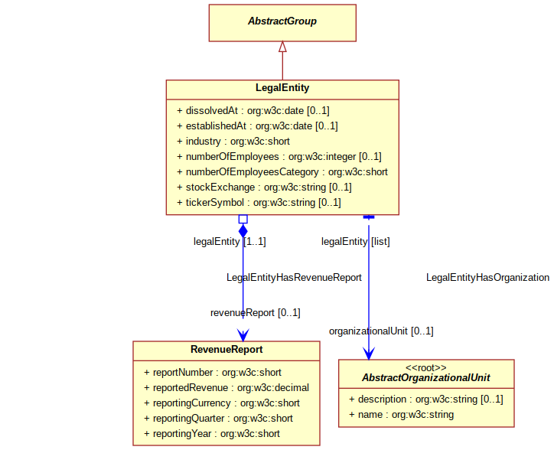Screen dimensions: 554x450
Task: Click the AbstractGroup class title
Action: (x=282, y=21)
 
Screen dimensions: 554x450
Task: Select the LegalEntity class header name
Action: (x=282, y=88)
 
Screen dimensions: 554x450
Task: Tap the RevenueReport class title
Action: (x=226, y=349)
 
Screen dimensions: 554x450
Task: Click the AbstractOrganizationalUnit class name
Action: (x=426, y=378)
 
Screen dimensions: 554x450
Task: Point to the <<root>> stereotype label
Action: (x=426, y=367)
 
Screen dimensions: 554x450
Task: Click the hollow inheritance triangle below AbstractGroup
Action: (x=282, y=47)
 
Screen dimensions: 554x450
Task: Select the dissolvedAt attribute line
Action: (x=253, y=111)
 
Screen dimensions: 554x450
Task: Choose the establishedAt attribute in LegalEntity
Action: (x=257, y=126)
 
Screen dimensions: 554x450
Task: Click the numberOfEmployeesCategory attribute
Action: (x=282, y=171)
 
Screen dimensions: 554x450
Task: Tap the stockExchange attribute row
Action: (x=264, y=187)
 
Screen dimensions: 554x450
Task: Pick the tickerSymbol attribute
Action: (x=259, y=203)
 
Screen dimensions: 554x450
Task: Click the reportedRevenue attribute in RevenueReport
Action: (x=226, y=388)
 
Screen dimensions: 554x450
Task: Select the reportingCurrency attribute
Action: (x=222, y=403)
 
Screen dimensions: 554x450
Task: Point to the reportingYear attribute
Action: (x=212, y=434)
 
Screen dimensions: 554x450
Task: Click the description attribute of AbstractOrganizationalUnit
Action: (x=426, y=399)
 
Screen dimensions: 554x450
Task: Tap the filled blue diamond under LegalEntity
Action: (x=243, y=231)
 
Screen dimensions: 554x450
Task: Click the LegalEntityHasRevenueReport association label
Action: (x=294, y=278)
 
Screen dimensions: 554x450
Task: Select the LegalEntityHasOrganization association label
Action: (x=487, y=278)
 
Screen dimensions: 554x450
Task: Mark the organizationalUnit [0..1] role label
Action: (x=381, y=331)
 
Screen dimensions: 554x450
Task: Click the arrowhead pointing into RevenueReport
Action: (x=243, y=334)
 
